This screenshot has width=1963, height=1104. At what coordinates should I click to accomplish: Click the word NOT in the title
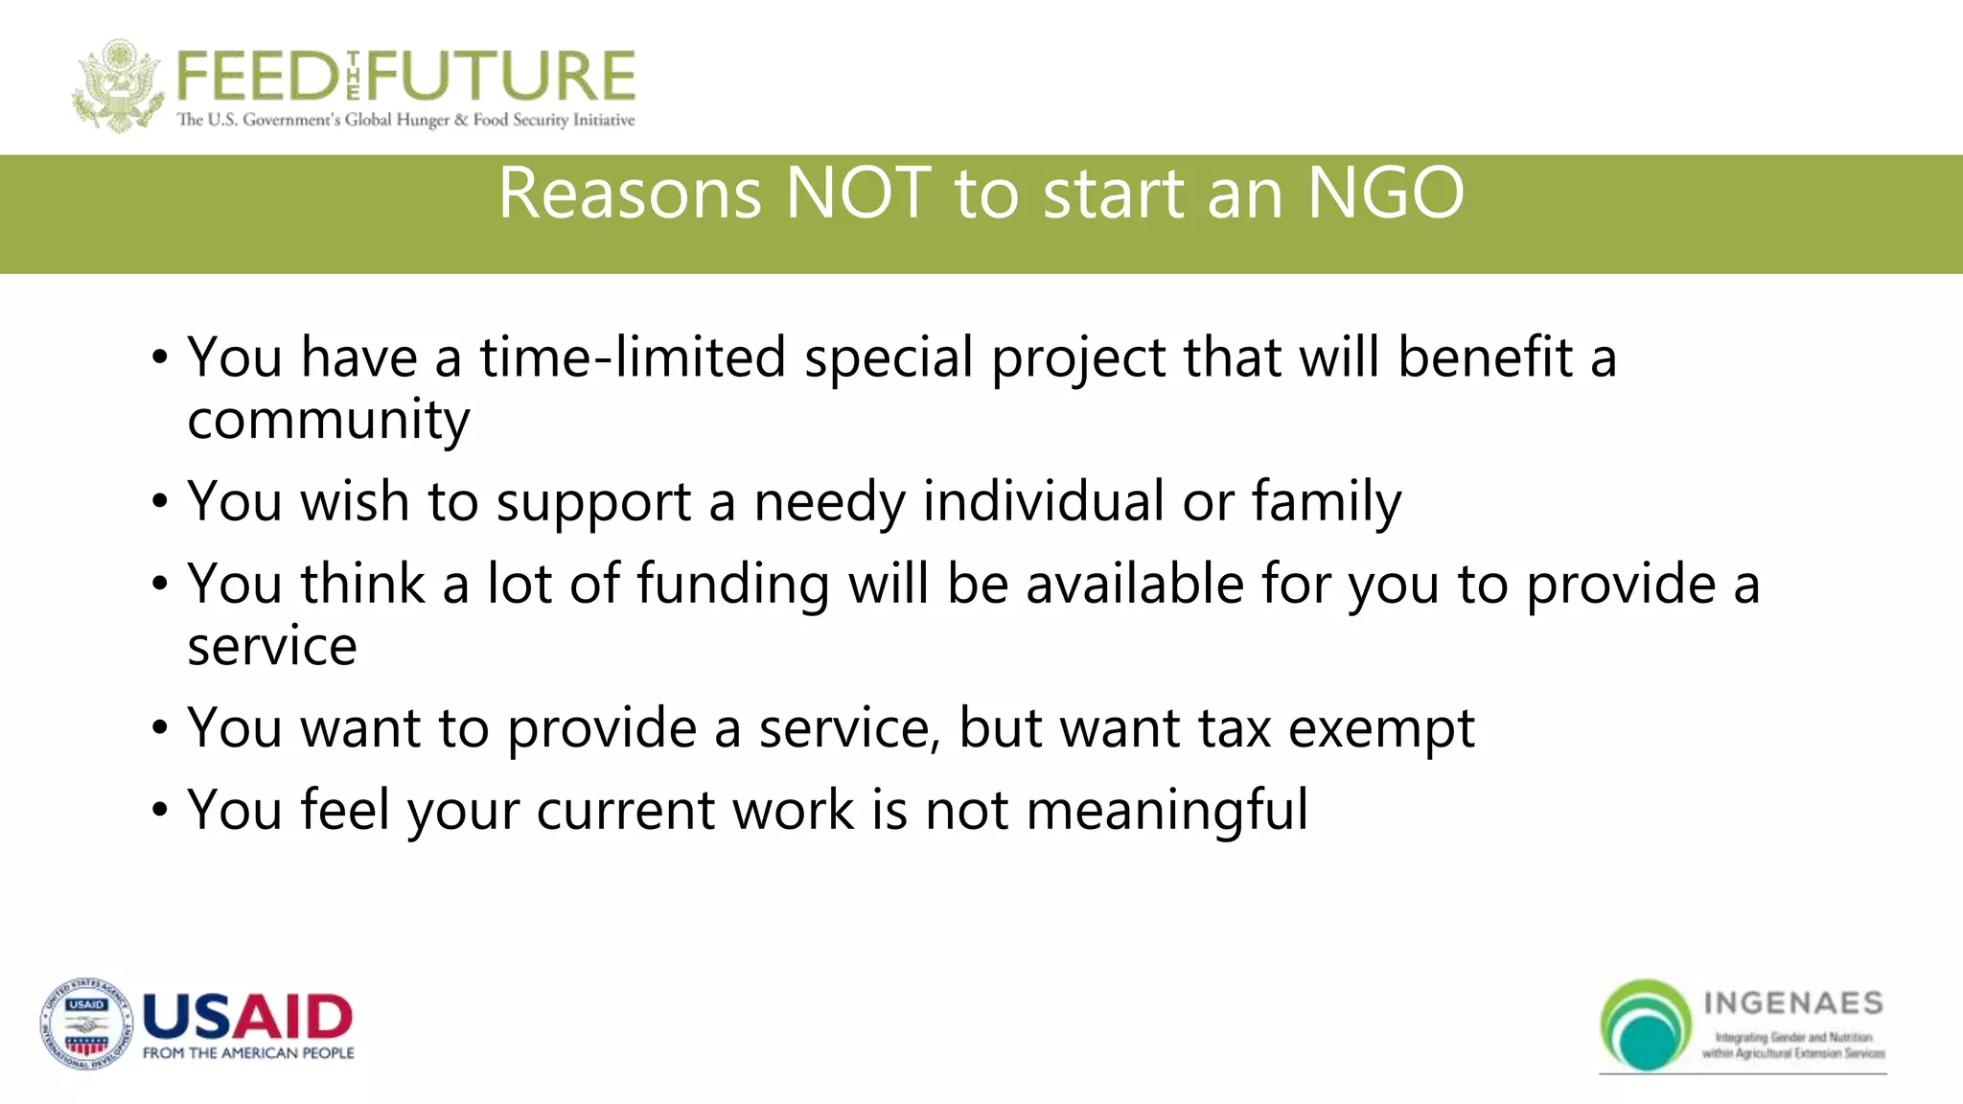[858, 194]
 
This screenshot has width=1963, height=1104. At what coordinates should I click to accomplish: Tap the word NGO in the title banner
[1385, 194]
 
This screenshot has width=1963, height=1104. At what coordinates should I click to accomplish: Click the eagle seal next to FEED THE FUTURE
[117, 86]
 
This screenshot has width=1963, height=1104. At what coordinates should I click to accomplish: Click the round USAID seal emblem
[86, 1024]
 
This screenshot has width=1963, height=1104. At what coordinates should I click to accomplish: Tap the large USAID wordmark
[247, 1017]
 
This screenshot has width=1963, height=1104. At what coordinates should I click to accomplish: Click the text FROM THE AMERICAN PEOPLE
[248, 1053]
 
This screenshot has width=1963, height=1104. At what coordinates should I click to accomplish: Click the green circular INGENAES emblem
[1646, 1024]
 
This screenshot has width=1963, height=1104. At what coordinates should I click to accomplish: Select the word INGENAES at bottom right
[1792, 1003]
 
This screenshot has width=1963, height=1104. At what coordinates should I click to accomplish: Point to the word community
[329, 420]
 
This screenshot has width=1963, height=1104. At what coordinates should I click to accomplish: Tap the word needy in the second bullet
[829, 501]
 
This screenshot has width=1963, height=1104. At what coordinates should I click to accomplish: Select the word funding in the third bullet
[732, 584]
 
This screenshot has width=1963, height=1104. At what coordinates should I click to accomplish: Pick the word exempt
[1381, 728]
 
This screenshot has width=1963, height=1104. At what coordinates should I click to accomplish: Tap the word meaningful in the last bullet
[1166, 811]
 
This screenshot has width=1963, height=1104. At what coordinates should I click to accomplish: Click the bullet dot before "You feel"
[160, 811]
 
